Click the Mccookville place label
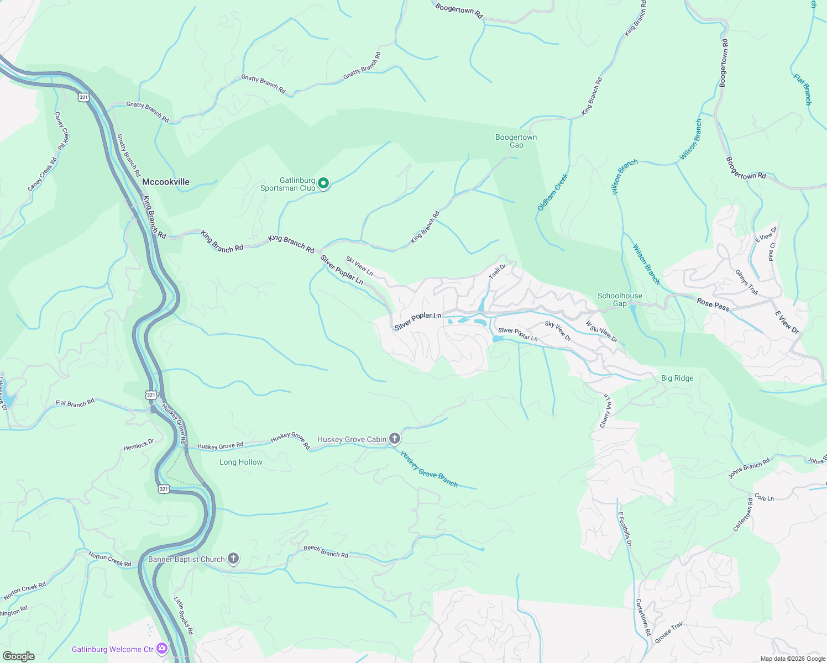[165, 182]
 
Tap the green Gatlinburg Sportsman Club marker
[323, 183]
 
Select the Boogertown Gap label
[516, 141]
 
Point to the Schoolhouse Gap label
[620, 299]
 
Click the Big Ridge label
[677, 378]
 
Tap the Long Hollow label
[241, 462]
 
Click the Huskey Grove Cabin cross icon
[394, 439]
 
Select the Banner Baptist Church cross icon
[233, 559]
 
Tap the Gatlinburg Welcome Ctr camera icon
[162, 649]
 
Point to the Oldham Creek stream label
[553, 192]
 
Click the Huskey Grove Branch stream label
[430, 470]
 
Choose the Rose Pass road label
[713, 304]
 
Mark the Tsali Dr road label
[498, 271]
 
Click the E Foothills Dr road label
[624, 529]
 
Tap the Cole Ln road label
[764, 498]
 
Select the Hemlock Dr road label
[139, 444]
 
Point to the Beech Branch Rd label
[326, 551]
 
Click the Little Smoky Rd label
[184, 615]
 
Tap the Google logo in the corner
[18, 656]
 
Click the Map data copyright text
[792, 659]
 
